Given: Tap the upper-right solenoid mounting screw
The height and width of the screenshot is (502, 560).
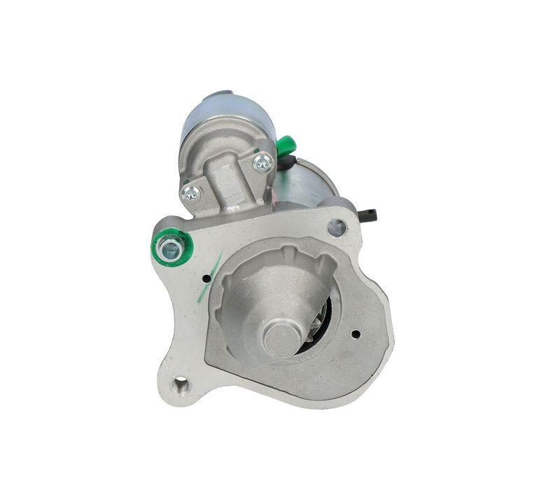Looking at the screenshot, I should tap(263, 164).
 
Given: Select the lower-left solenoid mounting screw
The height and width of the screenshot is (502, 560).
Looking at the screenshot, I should tap(190, 194).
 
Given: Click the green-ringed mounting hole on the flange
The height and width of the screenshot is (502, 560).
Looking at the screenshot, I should tap(169, 246).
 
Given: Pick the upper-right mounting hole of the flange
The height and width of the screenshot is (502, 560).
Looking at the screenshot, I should tap(337, 228).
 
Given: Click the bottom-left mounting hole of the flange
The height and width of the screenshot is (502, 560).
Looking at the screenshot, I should tap(181, 384).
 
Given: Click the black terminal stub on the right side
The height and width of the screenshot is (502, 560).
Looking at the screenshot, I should tap(369, 214).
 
